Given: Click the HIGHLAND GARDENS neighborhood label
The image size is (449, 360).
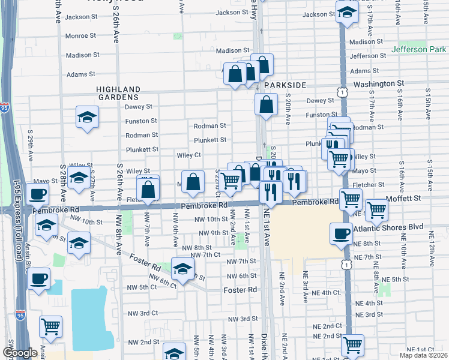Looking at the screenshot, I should [118, 92].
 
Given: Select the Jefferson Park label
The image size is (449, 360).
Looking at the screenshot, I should [420, 49].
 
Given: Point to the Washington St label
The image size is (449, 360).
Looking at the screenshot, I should [378, 84].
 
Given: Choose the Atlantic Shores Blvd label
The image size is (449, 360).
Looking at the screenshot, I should [388, 227].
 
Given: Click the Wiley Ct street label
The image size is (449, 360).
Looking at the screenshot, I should [188, 155].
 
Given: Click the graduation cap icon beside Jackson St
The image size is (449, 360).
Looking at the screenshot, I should [346, 11].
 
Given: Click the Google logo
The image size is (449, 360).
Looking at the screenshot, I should [20, 353].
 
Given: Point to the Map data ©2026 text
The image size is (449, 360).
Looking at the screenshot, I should [423, 355].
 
